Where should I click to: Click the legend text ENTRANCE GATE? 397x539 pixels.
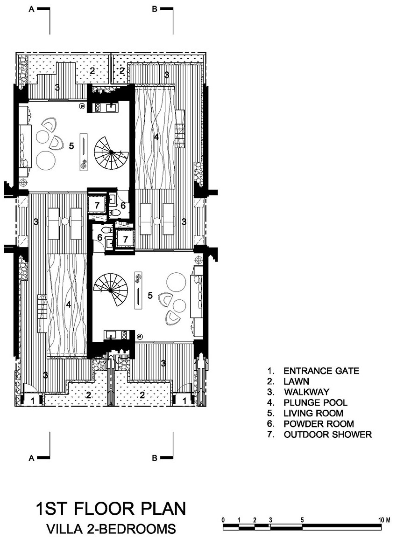[x=321, y=371]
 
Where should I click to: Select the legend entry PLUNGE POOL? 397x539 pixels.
[x=315, y=402]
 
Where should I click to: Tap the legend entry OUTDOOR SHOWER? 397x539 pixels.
[x=328, y=435]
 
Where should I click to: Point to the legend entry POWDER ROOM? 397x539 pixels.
[x=319, y=424]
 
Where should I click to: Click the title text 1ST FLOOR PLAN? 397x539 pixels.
[x=111, y=509]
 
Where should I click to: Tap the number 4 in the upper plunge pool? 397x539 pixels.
[x=156, y=137]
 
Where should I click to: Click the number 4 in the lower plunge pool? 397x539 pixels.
[x=69, y=304]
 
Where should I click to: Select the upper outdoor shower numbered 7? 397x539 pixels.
[x=97, y=206]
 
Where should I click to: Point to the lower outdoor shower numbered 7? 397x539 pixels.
[x=125, y=239]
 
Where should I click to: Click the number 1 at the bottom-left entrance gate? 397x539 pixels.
[x=33, y=401]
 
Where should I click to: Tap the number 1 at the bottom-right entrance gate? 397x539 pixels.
[x=184, y=401]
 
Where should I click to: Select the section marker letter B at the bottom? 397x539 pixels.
[x=155, y=458]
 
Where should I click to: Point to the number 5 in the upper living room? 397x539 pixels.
[x=71, y=146]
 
